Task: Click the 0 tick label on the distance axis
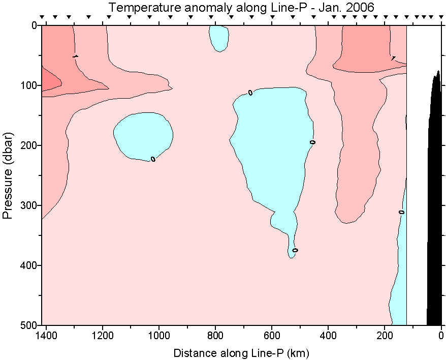(x=441, y=336)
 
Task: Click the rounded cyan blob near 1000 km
(x=143, y=135)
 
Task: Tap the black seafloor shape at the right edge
(x=435, y=203)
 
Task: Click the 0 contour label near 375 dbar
(x=295, y=250)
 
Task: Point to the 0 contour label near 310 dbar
(x=401, y=212)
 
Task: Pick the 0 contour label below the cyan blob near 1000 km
(x=153, y=159)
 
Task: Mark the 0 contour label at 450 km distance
(x=313, y=142)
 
